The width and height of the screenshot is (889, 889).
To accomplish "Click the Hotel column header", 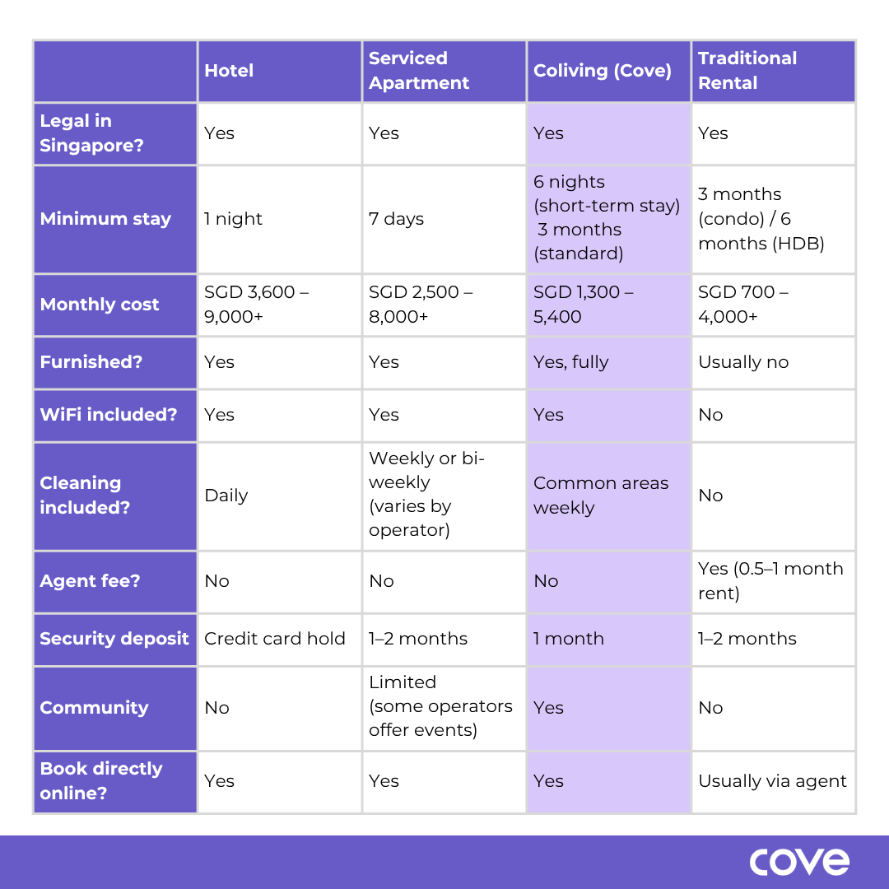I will tap(229, 71).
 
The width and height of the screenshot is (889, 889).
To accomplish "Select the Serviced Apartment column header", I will tap(419, 71).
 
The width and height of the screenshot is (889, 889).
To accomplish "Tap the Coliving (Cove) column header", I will tap(603, 71).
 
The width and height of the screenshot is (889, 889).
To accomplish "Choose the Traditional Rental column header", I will tap(747, 71).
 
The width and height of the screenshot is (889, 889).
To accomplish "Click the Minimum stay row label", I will tap(105, 219).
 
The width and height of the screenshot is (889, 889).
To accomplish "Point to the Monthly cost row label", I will tap(100, 305).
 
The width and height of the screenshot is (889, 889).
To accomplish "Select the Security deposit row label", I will tap(114, 639).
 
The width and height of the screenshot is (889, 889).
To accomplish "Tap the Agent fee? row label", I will tap(90, 581).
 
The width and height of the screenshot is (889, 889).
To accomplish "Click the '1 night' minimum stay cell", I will tap(233, 219).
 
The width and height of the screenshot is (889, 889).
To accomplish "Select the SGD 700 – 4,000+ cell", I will tap(743, 305).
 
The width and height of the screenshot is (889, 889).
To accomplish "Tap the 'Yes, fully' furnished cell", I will tap(570, 362).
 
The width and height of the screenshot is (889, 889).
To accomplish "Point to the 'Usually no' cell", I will tap(743, 362).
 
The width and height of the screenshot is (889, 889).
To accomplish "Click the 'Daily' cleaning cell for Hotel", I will tap(226, 496).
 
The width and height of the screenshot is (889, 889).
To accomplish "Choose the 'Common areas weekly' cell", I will tap(601, 496).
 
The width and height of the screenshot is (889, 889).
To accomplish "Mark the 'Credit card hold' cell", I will tap(275, 639).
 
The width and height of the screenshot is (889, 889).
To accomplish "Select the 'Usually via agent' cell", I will tap(772, 781).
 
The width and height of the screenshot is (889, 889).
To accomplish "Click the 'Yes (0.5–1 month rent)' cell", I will tap(770, 581).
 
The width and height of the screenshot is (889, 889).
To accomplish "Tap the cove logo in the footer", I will tap(798, 862).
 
